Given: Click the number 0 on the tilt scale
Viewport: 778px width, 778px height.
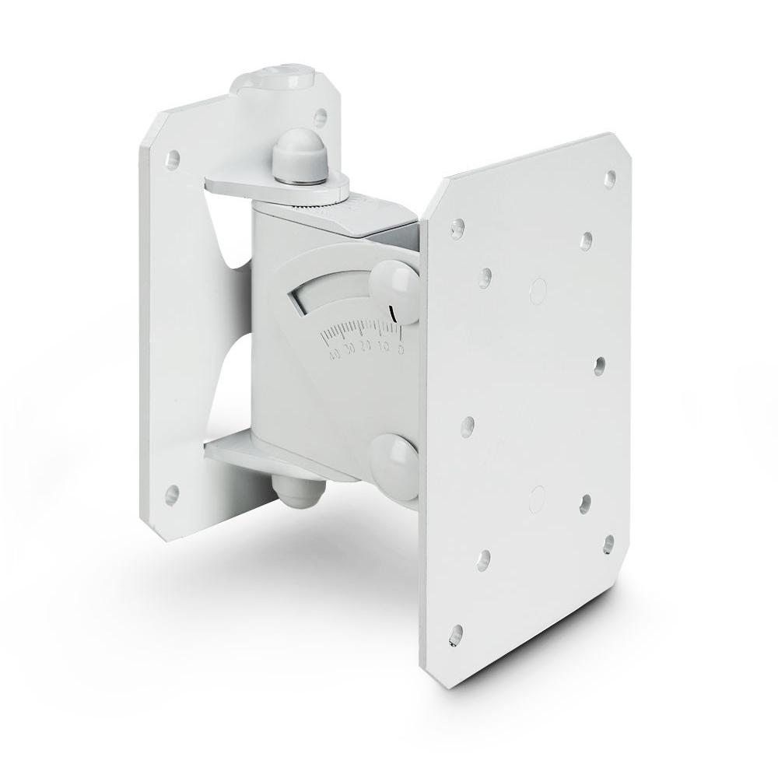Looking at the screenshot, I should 401,349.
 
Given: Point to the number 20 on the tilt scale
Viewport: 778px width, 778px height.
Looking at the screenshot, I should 366,352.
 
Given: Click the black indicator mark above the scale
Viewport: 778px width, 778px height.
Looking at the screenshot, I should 394,314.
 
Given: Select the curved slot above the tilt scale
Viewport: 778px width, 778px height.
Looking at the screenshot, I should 338,299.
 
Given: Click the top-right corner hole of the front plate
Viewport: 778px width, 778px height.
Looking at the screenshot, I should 611,177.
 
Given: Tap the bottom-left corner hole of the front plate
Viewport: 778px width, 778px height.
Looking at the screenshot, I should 457,629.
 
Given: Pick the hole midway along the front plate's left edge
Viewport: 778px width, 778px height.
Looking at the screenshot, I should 468,423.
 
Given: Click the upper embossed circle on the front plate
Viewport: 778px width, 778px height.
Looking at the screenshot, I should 536,287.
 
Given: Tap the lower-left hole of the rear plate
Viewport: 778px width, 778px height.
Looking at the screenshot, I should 172,492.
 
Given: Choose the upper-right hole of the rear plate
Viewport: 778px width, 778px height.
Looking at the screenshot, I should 319,116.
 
